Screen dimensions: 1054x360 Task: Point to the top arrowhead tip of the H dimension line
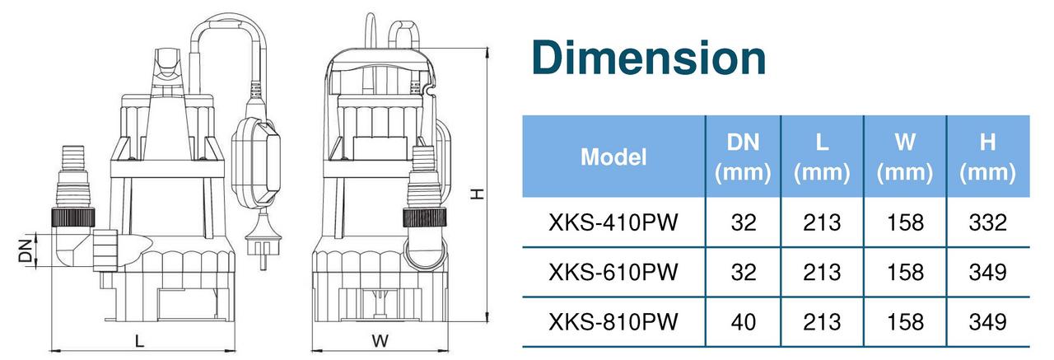click(487, 48)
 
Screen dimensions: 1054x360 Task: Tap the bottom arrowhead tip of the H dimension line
click(487, 322)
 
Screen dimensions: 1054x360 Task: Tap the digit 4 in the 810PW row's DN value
click(737, 322)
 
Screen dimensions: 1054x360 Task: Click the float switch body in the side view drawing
click(256, 161)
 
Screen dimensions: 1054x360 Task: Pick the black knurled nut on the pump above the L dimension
click(73, 217)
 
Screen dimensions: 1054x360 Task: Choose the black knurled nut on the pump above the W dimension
click(424, 217)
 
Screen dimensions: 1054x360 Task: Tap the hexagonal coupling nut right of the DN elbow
click(105, 250)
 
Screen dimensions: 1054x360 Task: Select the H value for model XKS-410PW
click(987, 222)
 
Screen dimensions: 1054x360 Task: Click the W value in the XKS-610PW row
click(905, 273)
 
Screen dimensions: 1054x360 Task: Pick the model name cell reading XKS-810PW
click(613, 322)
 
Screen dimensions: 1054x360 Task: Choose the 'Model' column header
click(613, 157)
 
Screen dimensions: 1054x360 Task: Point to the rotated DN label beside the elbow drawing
click(25, 250)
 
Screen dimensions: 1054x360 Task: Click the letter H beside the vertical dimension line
click(477, 194)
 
